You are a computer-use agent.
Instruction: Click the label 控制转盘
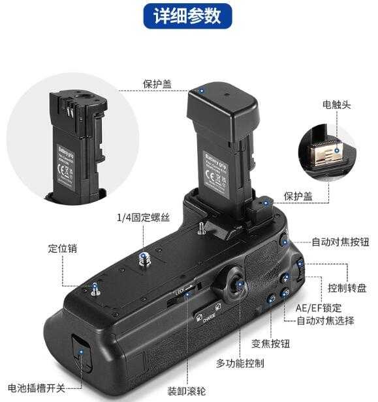pos(346,287)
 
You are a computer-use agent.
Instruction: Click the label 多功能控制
pos(240,363)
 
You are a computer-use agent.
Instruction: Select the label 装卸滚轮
pos(186,391)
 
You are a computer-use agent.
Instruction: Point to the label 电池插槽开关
pos(37,388)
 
